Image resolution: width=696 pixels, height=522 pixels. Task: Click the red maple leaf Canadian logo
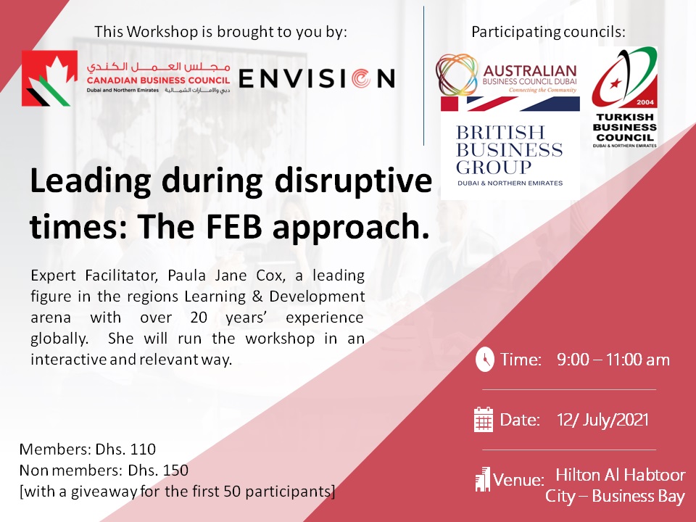tap(50, 78)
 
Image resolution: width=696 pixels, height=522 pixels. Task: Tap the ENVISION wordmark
tap(317, 78)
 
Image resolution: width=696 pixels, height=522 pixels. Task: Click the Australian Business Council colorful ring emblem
tap(457, 75)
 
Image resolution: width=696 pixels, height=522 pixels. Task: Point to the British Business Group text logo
tap(509, 155)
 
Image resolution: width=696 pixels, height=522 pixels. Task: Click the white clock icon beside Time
tap(485, 360)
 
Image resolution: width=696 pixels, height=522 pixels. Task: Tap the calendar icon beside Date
tap(484, 420)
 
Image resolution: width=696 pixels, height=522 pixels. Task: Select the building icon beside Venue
tap(483, 479)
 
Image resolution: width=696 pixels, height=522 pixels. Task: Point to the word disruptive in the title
tap(353, 181)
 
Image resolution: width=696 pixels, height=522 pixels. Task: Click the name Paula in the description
tap(186, 275)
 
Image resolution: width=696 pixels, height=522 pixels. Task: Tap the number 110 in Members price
tap(143, 449)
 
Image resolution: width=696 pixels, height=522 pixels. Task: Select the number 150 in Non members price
tap(175, 470)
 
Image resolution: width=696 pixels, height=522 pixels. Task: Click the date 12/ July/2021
tap(602, 420)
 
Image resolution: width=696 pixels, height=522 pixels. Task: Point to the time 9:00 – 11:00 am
tap(613, 360)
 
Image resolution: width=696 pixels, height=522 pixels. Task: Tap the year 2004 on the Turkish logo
tap(645, 102)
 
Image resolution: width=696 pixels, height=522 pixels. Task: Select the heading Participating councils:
tap(548, 32)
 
